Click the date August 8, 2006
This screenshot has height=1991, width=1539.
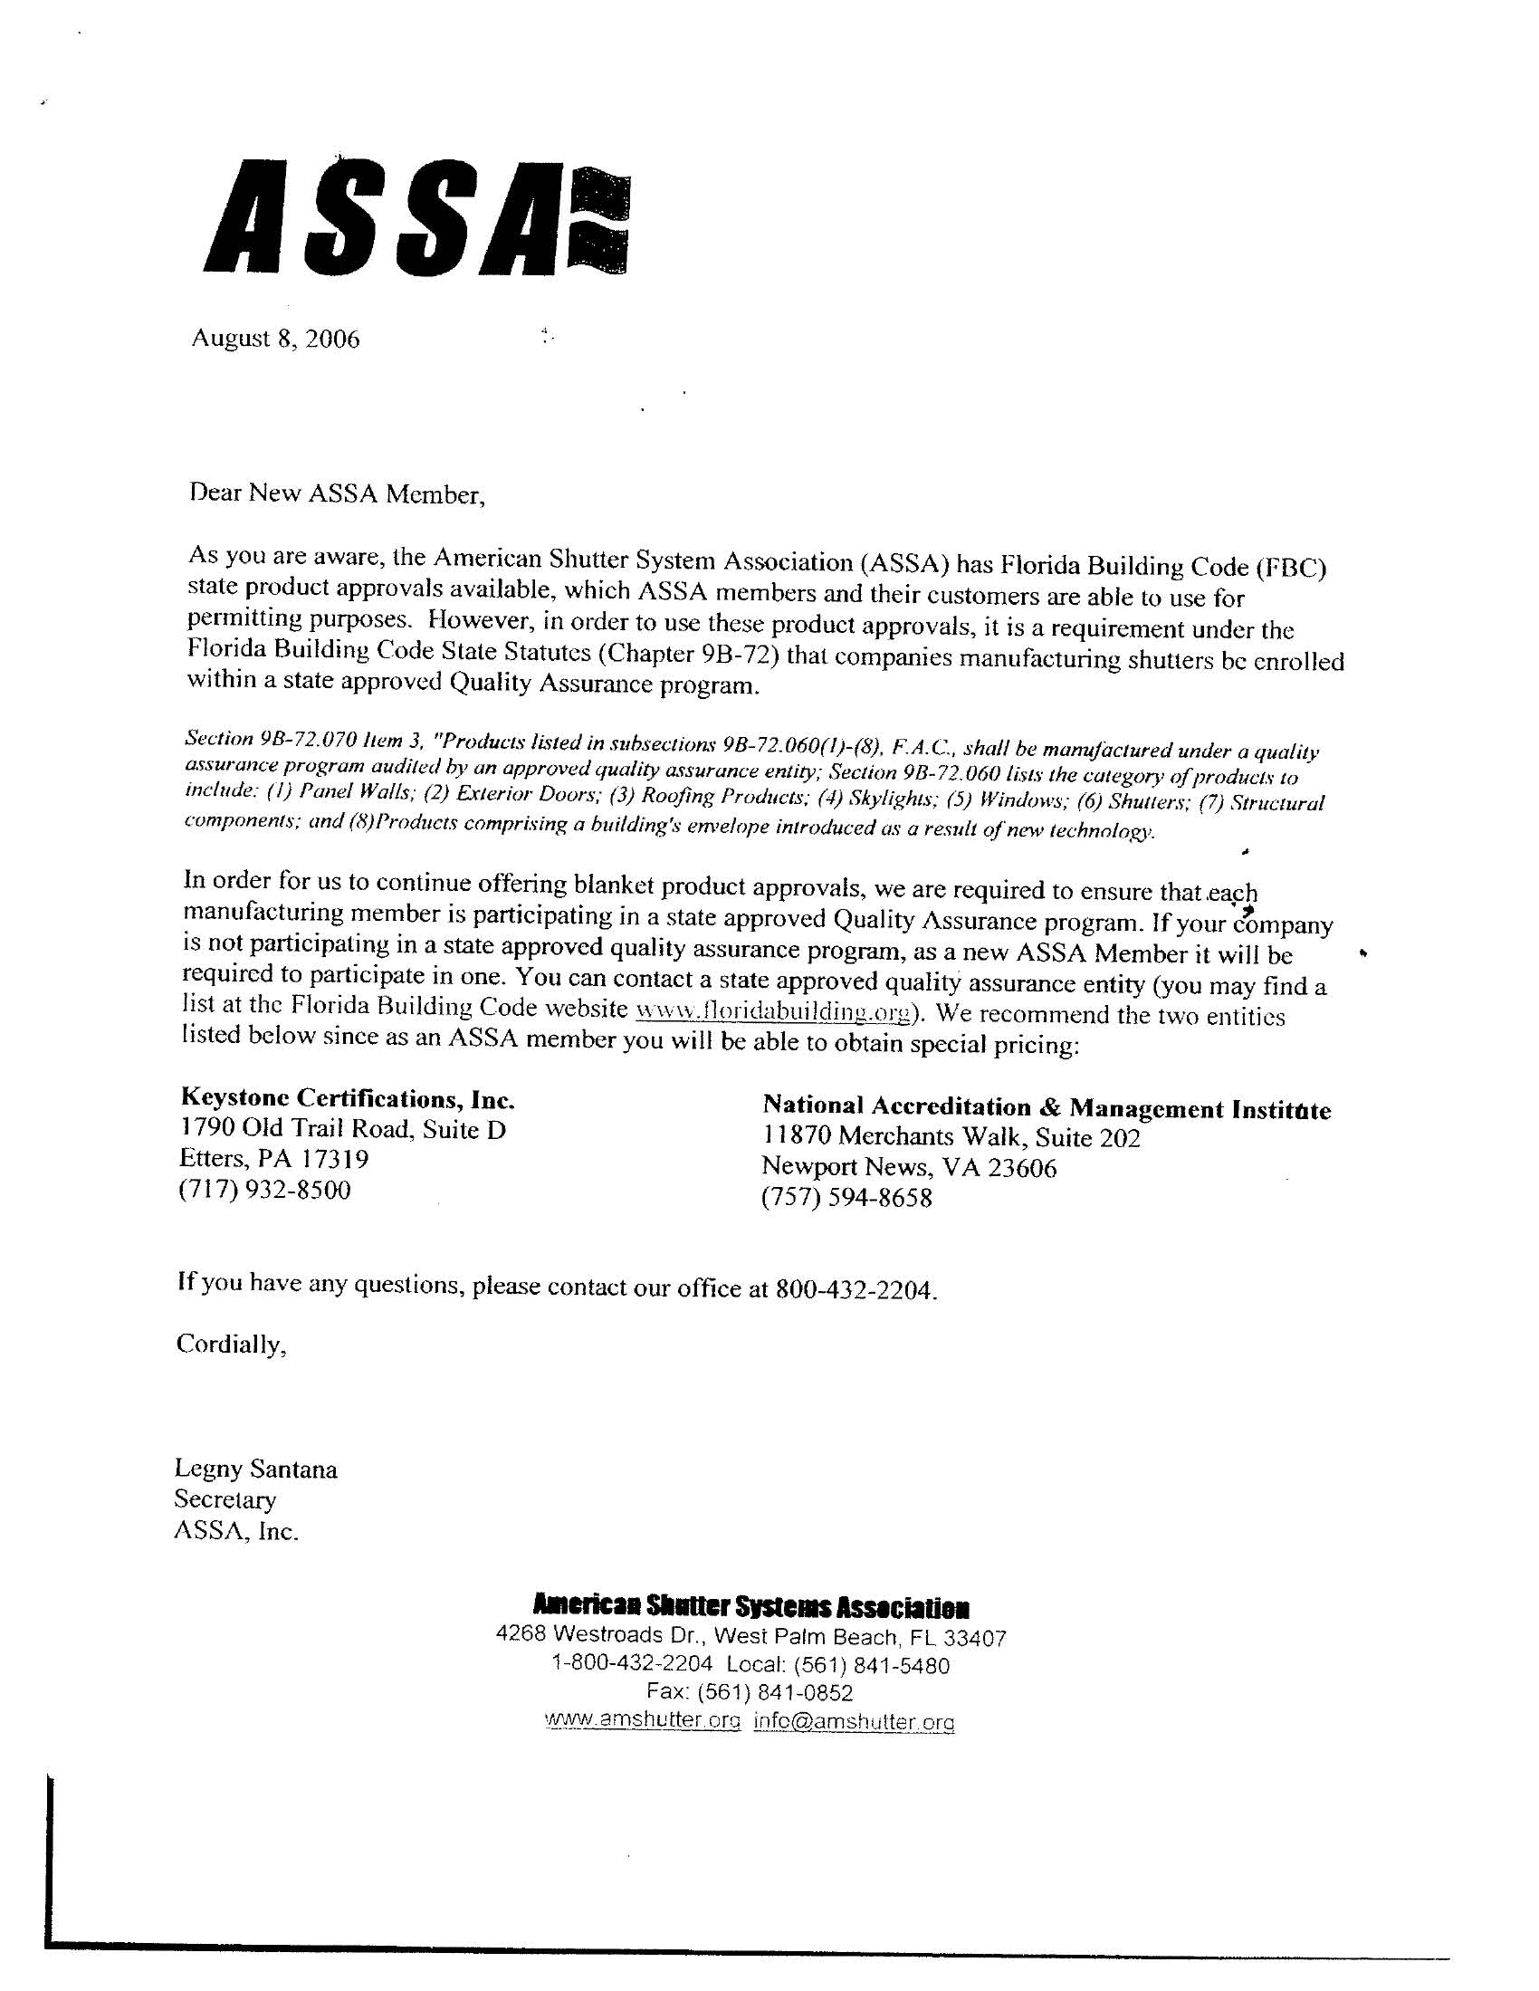(275, 340)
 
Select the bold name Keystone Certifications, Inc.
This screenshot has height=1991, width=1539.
(349, 1098)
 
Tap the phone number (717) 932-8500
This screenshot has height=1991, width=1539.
(265, 1190)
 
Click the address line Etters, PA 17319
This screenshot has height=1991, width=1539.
(274, 1159)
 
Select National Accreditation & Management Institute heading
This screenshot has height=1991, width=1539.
(1047, 1108)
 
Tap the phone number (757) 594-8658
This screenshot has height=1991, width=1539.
(847, 1197)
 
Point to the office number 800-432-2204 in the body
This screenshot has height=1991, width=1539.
(856, 1290)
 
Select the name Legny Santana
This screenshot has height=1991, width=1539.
(256, 1469)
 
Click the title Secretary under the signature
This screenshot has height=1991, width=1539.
(225, 1499)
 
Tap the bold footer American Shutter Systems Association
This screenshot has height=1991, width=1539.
(750, 1606)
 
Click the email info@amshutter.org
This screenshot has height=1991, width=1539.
(855, 1721)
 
